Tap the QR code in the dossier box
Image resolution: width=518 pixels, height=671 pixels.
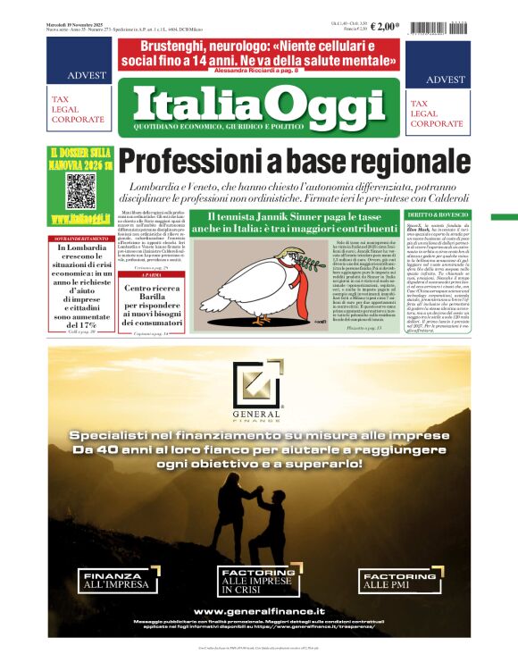tap(80, 190)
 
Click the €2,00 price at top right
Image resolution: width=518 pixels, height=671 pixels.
tap(385, 26)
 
